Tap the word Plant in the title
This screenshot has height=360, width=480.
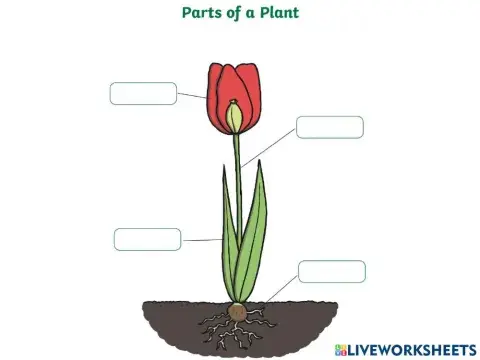point(278,13)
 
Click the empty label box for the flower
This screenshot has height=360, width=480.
point(143,93)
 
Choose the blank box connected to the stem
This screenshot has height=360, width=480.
point(329,127)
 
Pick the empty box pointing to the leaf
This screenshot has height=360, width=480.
point(147,239)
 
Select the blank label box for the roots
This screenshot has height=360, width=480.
point(331,271)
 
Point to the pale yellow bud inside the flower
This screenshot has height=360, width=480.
point(235,117)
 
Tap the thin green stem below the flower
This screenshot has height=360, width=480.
point(238,165)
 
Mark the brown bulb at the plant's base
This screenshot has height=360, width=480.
point(238,312)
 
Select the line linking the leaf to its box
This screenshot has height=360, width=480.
point(201,240)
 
